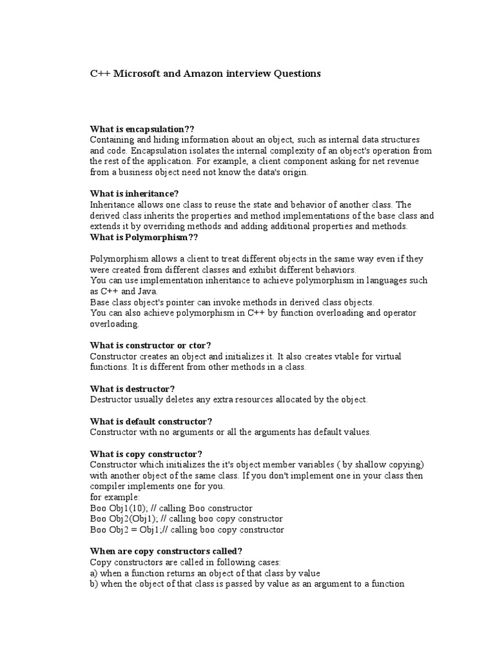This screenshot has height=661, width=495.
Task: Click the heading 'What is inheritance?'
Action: (x=135, y=194)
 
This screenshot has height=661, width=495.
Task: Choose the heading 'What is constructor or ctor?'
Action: (x=151, y=345)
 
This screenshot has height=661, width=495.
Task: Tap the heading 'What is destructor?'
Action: (x=132, y=389)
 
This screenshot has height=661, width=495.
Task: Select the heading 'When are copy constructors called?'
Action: (x=166, y=551)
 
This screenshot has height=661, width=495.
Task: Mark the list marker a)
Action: (x=94, y=573)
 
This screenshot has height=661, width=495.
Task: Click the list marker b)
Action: (x=94, y=584)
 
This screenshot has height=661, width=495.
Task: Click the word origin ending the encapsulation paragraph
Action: (x=295, y=172)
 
